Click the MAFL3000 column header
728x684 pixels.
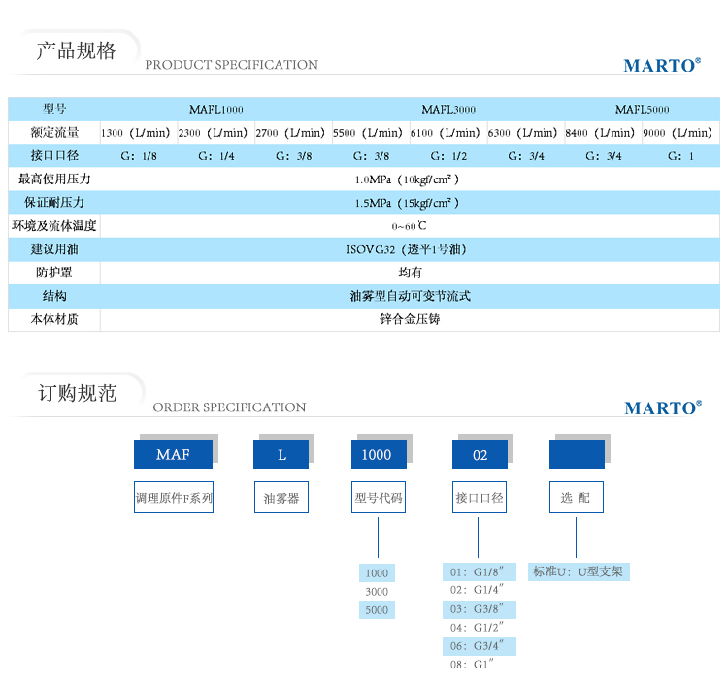point(448,110)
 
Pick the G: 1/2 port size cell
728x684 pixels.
point(448,156)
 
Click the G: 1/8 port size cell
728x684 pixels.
point(139,156)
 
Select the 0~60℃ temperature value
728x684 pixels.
point(409,226)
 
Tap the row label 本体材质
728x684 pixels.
point(54,320)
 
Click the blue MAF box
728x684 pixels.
point(173,454)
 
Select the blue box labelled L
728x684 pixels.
point(281,454)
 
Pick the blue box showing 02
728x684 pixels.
point(480,454)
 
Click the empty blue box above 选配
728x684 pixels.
point(577,454)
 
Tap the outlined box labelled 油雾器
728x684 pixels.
point(281,498)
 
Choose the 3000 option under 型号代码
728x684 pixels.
point(377,592)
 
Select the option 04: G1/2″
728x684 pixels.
point(477,628)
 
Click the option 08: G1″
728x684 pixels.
point(472,665)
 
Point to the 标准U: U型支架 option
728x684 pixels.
point(579,571)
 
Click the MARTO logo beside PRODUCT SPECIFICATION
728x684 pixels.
point(662,65)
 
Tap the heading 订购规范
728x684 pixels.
point(77,394)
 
